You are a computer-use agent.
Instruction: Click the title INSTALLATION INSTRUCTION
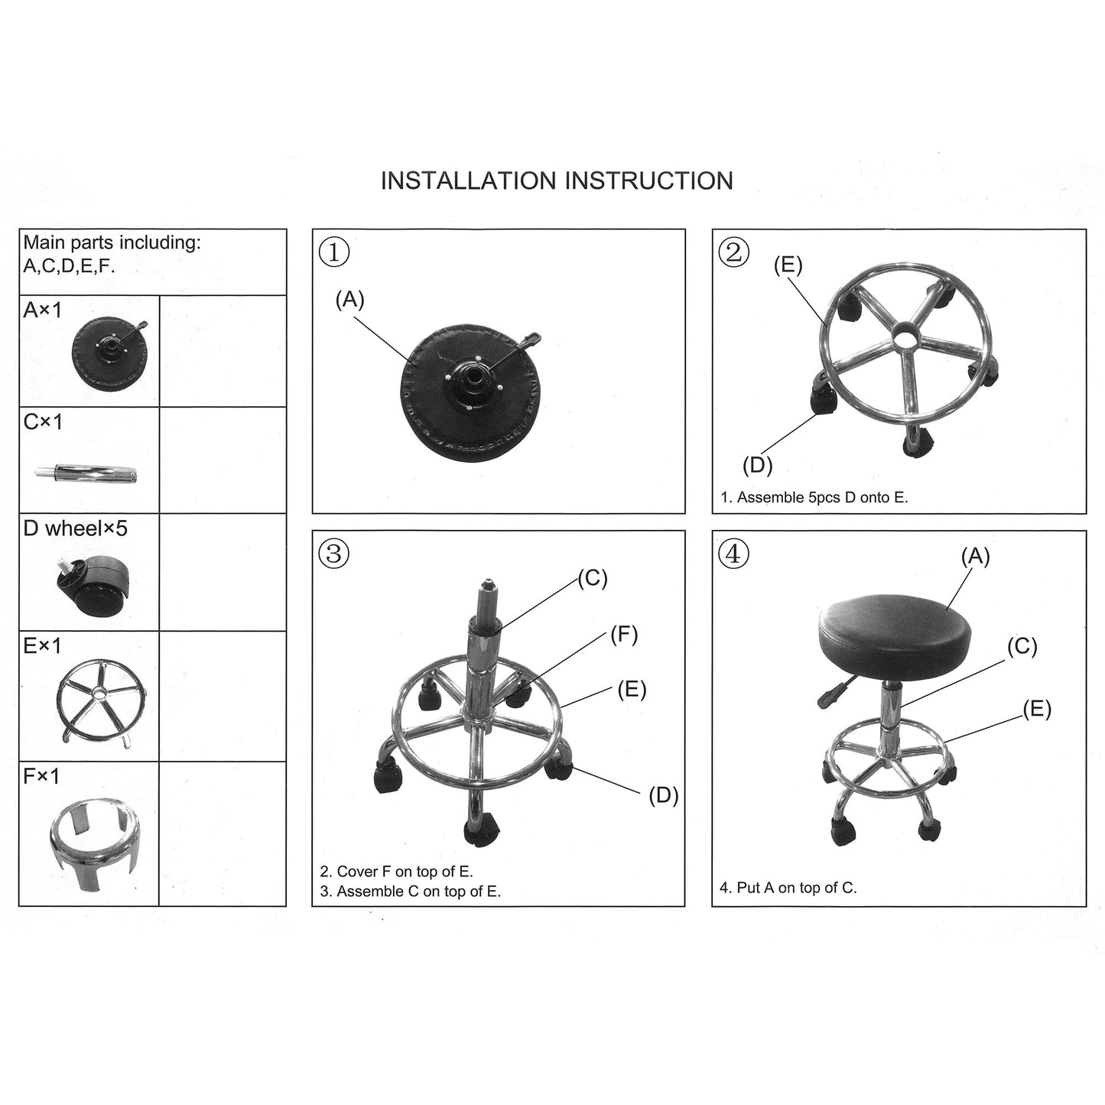point(557,180)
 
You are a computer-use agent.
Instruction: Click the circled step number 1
point(334,252)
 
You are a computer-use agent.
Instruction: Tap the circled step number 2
point(734,252)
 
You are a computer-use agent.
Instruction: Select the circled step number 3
point(334,553)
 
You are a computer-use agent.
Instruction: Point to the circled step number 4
point(734,553)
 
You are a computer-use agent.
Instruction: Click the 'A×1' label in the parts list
point(43,310)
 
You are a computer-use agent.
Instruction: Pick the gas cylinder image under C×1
point(86,474)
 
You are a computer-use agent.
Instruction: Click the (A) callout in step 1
point(349,300)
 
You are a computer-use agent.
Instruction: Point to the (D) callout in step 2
point(757,464)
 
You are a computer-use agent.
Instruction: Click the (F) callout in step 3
point(623,634)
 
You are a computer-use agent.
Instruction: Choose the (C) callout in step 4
point(1022,647)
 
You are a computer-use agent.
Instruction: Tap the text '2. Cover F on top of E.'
point(396,871)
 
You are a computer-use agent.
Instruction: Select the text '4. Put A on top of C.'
point(788,888)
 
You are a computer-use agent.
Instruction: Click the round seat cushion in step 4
point(894,635)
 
